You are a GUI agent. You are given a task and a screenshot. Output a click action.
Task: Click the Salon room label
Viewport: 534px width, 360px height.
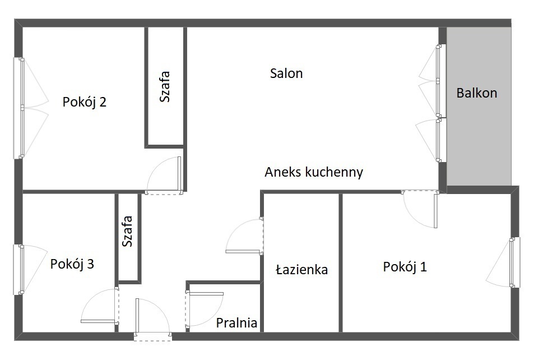pos(286,73)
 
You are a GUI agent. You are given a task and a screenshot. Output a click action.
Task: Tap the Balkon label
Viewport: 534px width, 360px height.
pos(477,93)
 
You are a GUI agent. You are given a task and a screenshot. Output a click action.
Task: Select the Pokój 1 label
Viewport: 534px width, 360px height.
pos(405,266)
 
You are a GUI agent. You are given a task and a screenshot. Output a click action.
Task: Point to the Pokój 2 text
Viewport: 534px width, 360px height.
pos(85,102)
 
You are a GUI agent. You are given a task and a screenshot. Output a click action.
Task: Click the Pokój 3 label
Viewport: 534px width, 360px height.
pos(72,264)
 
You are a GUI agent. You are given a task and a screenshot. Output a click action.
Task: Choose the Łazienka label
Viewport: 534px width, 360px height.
pos(301,269)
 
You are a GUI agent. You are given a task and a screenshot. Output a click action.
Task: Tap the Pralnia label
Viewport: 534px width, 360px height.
pos(236,322)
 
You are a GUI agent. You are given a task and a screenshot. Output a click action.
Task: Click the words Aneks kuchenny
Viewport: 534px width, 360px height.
pos(314,172)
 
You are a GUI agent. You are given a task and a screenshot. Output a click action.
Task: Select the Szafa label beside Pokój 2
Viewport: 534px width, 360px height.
pos(165,86)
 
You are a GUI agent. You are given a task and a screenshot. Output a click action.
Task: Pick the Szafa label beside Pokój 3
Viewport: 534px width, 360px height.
pos(127,231)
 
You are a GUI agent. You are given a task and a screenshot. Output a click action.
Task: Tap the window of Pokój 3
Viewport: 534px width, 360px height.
pos(22,269)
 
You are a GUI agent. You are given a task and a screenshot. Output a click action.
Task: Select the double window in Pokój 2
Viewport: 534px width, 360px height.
pos(22,108)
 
